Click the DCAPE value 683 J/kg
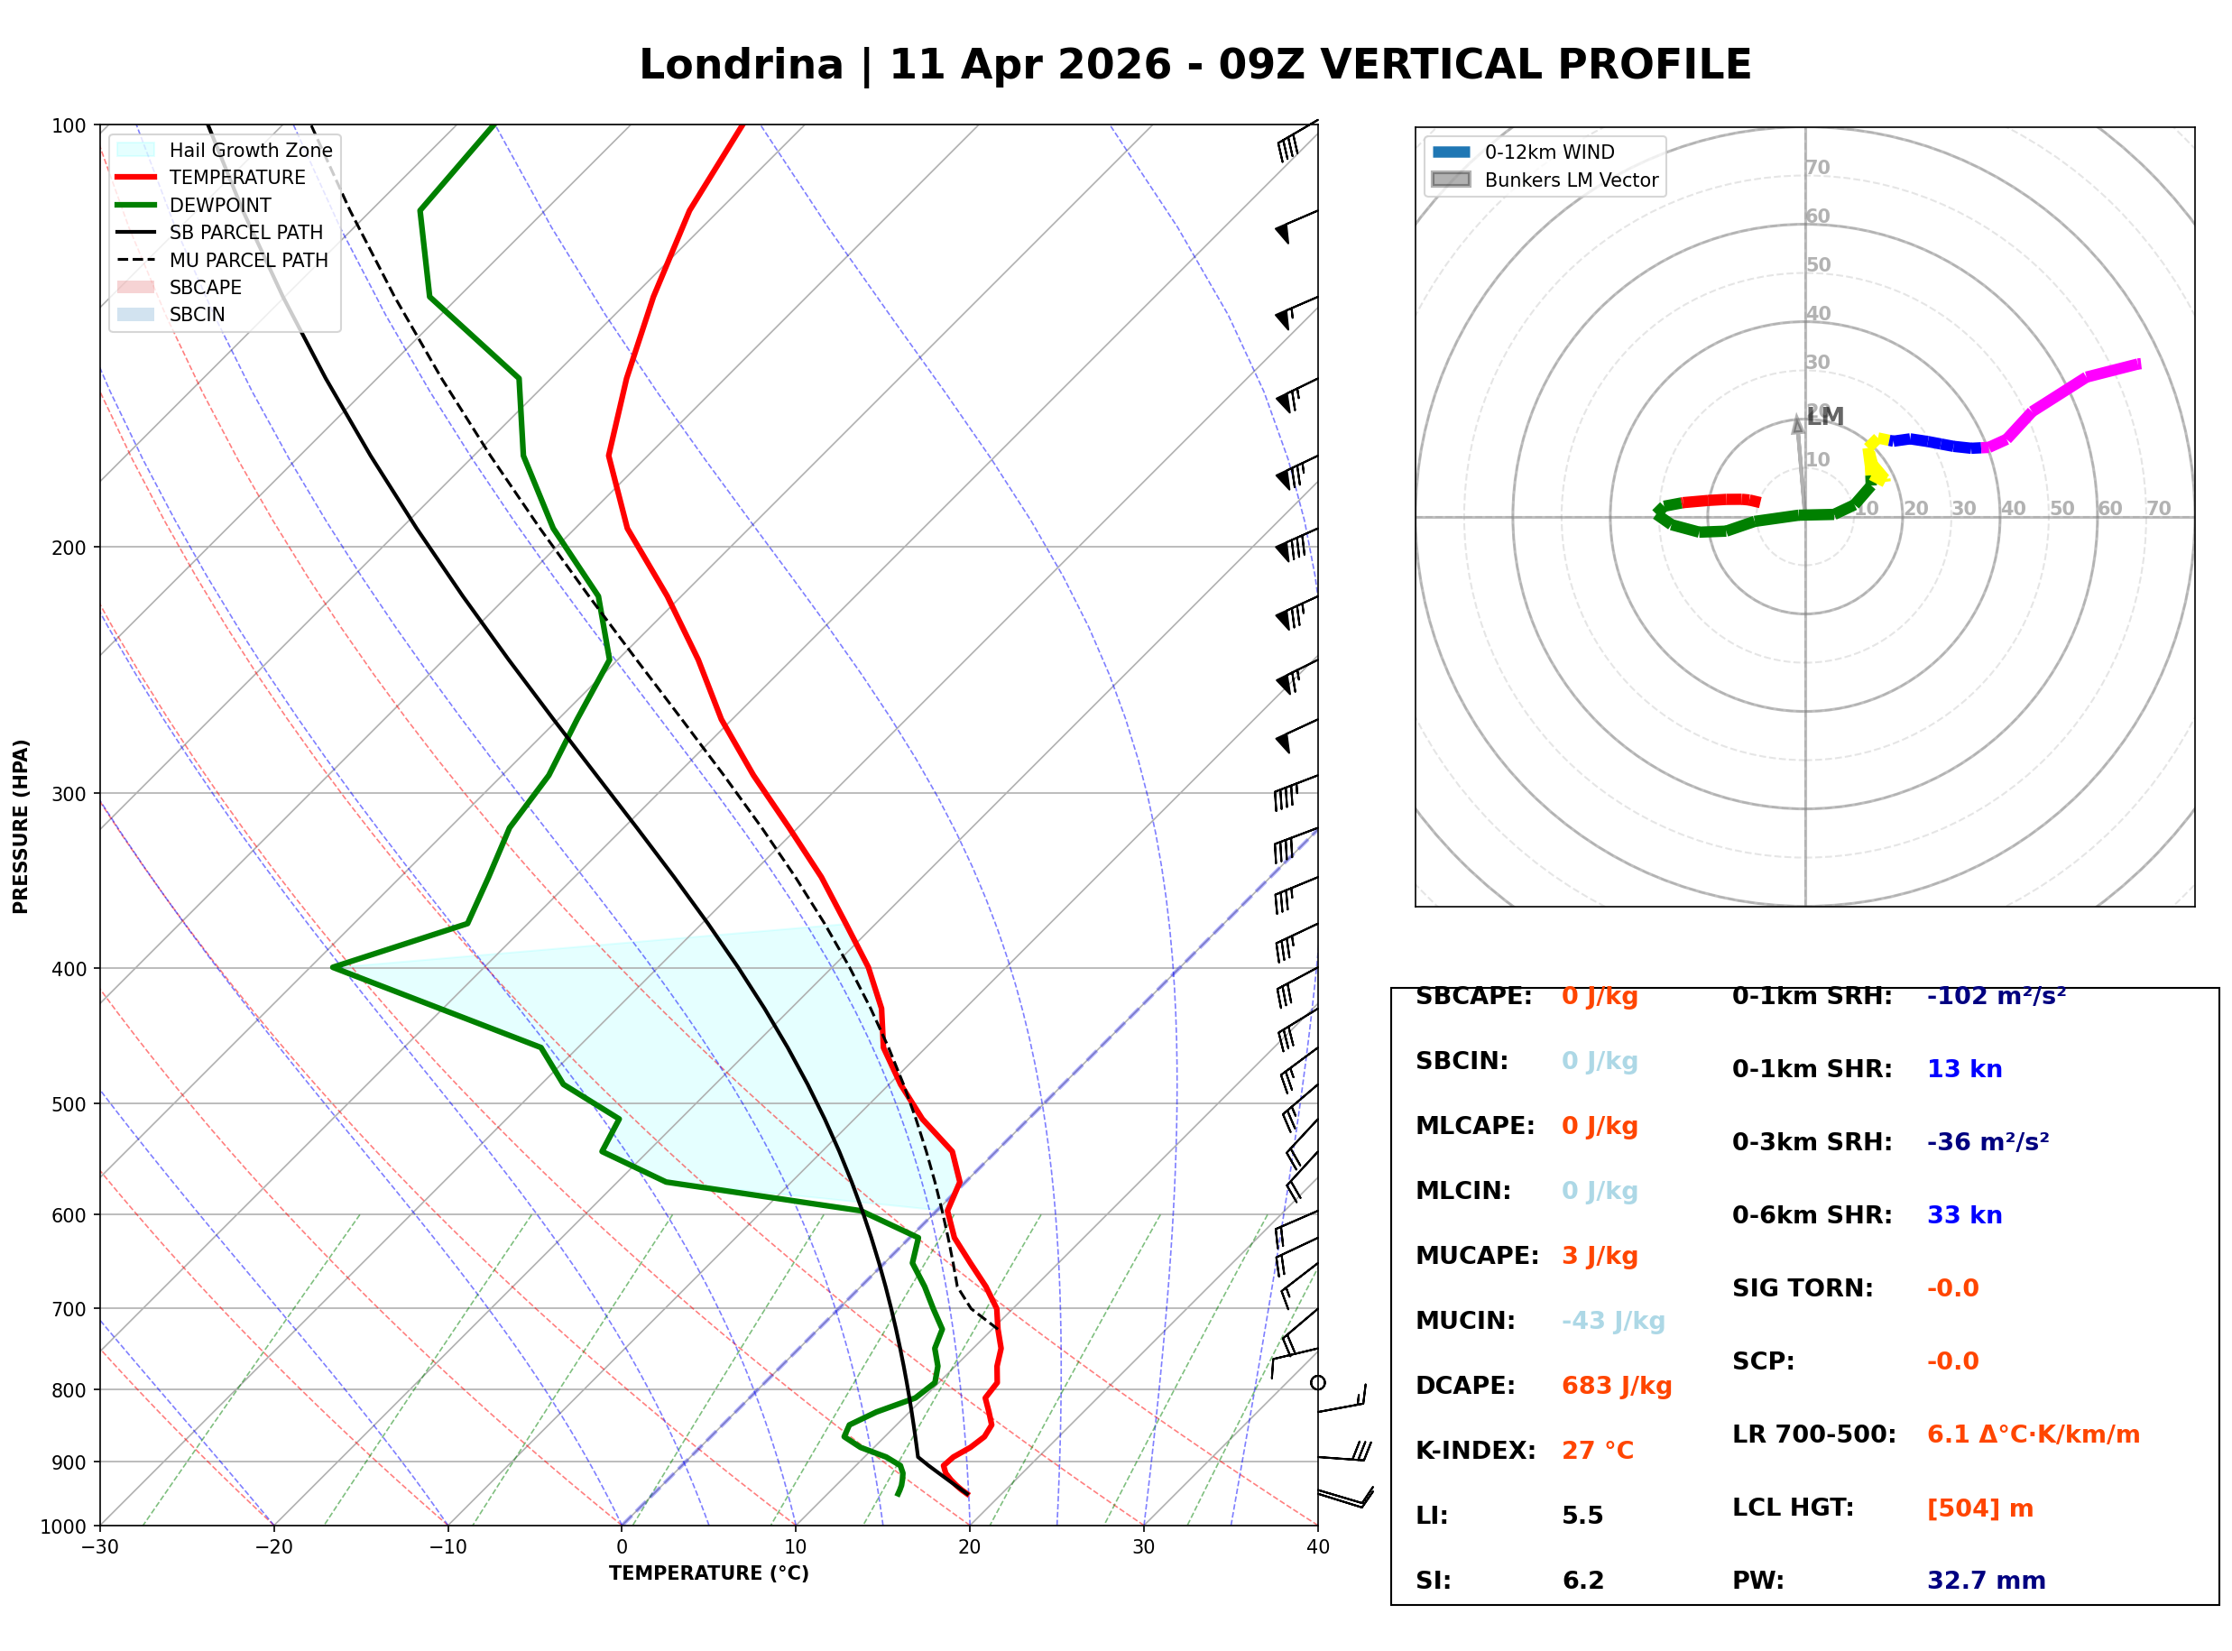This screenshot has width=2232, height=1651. [x=1616, y=1385]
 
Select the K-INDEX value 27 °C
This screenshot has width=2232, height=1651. [x=1597, y=1450]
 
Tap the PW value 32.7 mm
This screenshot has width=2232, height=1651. [x=1985, y=1580]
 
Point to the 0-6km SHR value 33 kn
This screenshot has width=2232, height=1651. [x=1963, y=1214]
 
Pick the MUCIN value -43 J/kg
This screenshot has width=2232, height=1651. [x=1612, y=1320]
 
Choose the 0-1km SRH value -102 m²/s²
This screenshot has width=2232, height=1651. [x=1996, y=995]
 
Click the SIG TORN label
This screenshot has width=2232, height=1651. [x=1802, y=1287]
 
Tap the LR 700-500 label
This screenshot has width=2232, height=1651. [x=1813, y=1434]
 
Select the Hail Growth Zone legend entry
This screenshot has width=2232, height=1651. [x=250, y=150]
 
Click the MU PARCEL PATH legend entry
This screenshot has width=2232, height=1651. [x=248, y=260]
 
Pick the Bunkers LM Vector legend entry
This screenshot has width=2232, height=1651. [x=1570, y=180]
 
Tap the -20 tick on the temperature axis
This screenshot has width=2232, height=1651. [x=272, y=1547]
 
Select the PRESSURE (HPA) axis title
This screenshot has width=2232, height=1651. [x=21, y=825]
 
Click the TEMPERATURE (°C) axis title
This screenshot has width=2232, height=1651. [x=708, y=1573]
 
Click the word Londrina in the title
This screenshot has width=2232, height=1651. [x=741, y=65]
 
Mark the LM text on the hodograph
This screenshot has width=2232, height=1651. [x=1824, y=417]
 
